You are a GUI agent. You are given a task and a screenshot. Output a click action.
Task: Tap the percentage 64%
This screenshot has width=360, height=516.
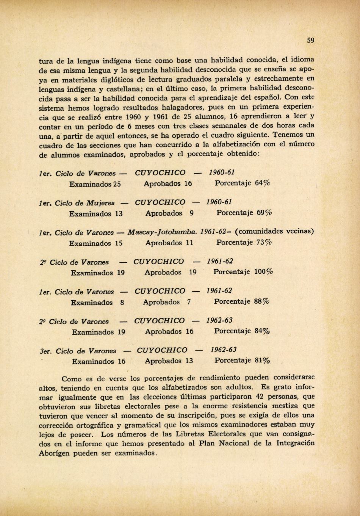click(263, 183)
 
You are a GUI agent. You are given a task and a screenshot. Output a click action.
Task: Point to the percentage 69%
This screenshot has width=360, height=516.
click(265, 213)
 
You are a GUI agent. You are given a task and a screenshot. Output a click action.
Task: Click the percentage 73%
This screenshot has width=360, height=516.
click(264, 242)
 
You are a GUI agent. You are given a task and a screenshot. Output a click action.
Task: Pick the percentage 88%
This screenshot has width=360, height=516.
click(261, 302)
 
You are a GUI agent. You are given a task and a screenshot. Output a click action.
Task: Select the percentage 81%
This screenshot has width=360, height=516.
click(262, 360)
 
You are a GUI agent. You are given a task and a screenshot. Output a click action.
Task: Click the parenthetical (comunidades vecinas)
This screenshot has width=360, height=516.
click(274, 231)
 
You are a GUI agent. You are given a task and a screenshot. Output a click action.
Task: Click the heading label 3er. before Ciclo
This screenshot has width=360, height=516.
click(45, 351)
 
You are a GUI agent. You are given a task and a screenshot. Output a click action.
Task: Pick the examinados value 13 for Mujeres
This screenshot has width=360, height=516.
click(119, 213)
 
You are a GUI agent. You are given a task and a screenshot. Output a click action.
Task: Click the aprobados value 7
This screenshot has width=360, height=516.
click(188, 302)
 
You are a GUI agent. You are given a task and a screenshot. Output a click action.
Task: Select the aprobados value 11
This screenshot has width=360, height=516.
click(189, 243)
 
